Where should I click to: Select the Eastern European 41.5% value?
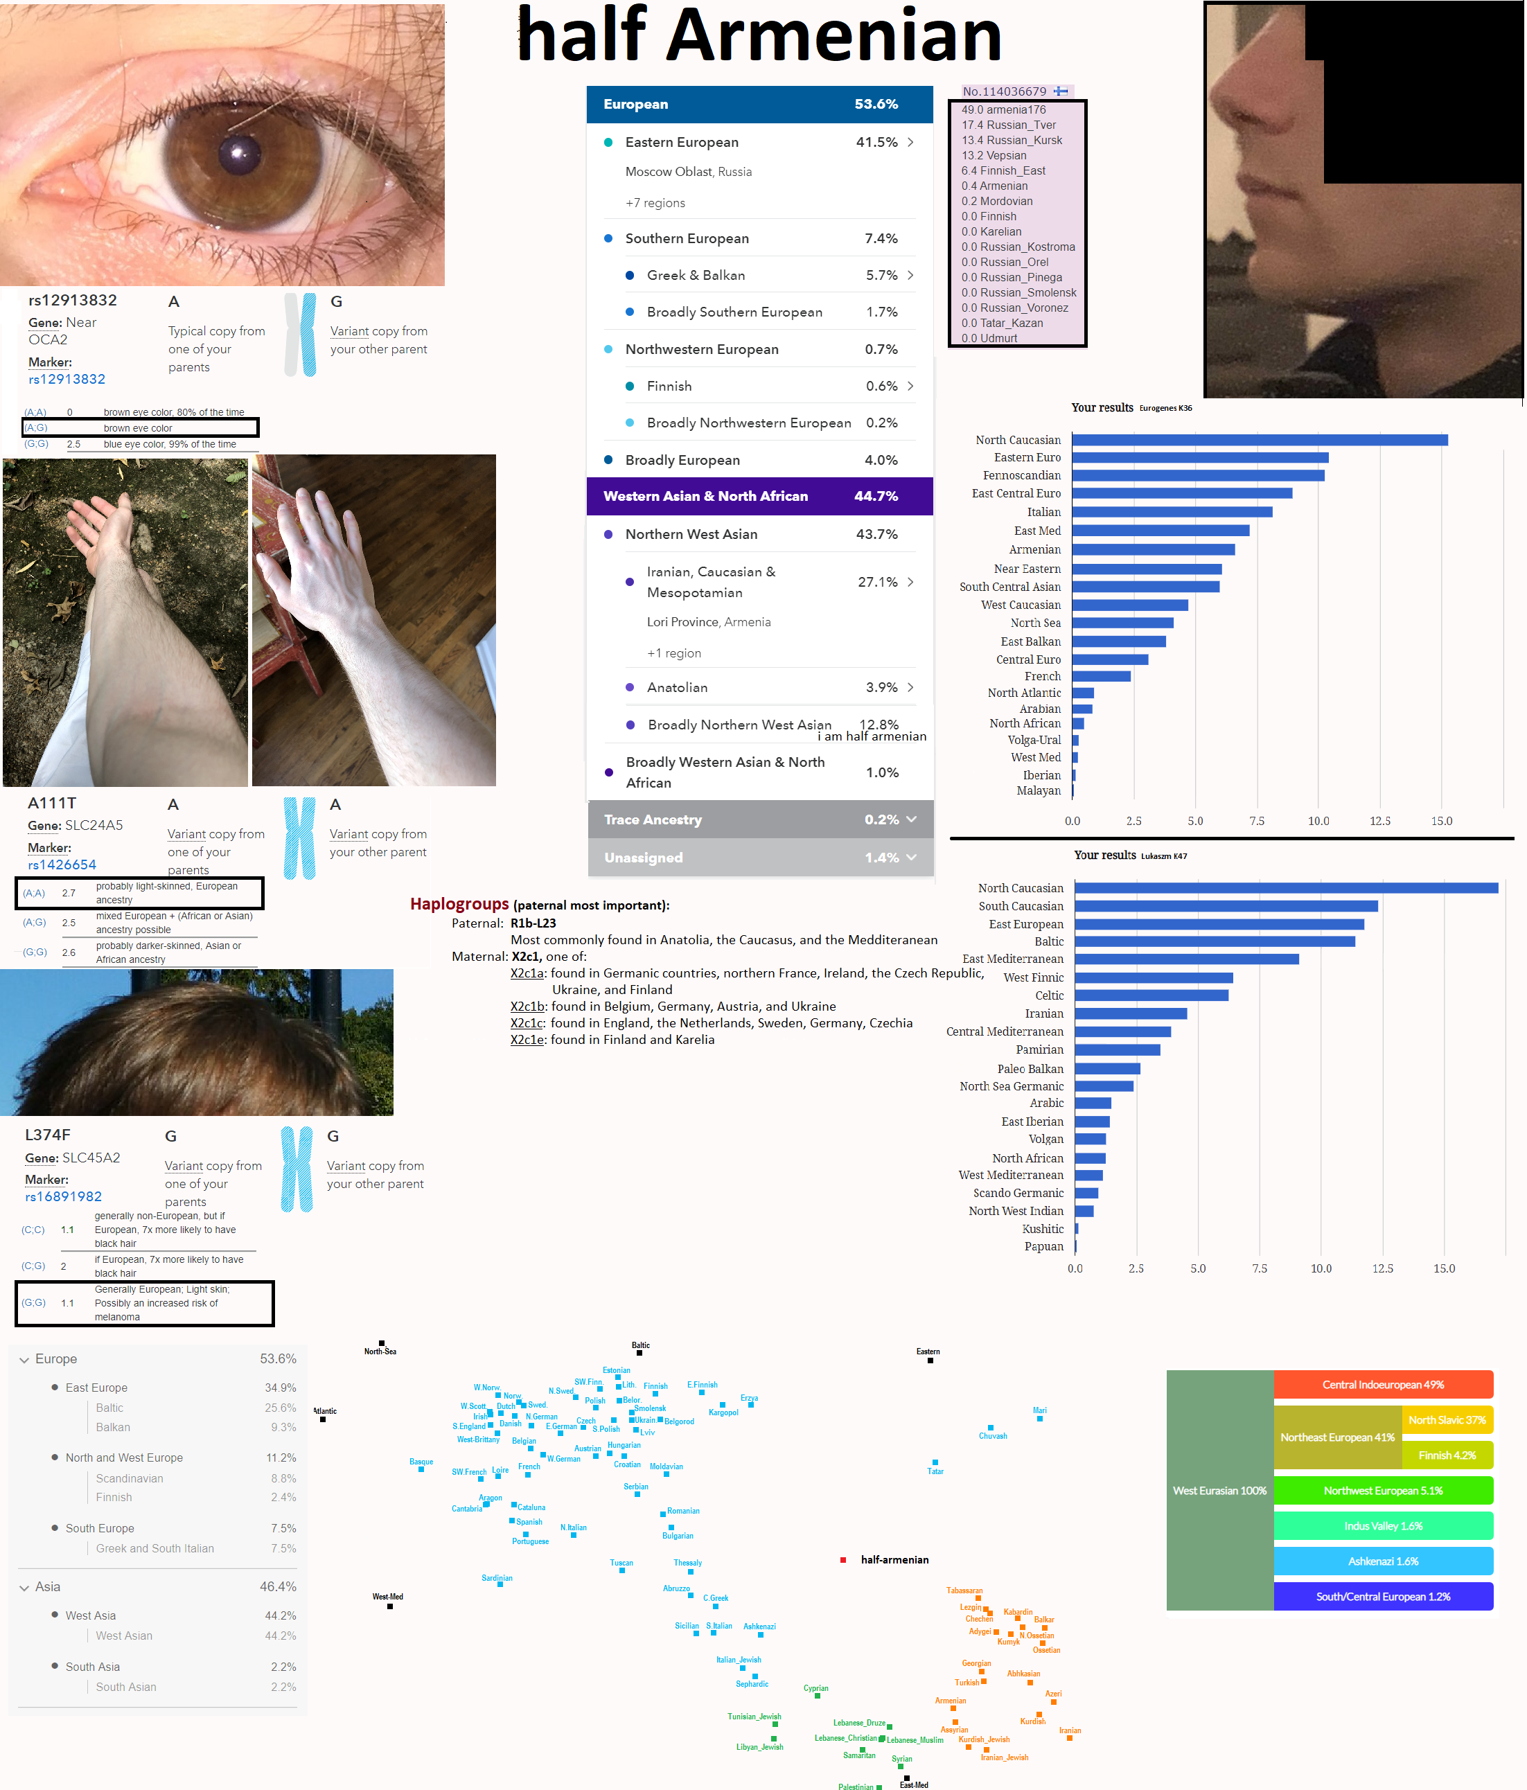pos(876,143)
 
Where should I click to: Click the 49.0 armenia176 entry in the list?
pos(1003,109)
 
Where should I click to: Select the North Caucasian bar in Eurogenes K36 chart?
pos(1258,441)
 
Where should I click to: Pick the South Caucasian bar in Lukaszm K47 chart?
pos(1226,906)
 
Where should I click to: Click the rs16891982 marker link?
pos(63,1196)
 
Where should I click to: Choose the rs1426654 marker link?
pos(62,865)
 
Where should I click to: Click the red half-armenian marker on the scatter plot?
pos(842,1560)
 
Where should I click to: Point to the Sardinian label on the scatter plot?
pos(497,1578)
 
